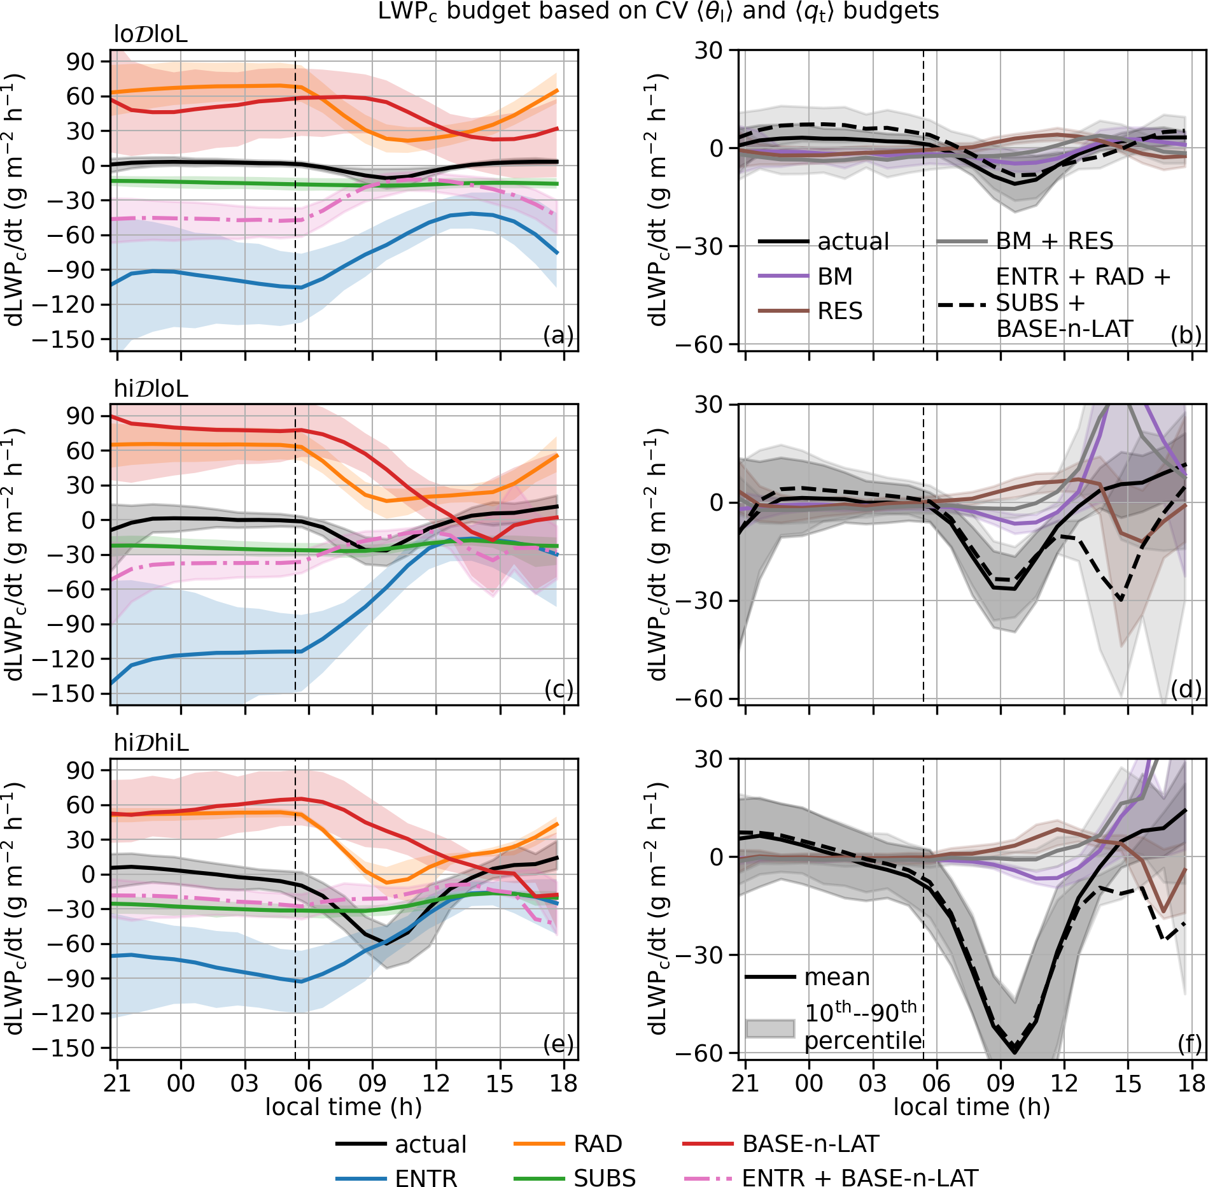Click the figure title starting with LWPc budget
point(658,11)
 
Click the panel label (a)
point(558,335)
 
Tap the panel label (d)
point(1186,689)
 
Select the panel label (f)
point(1189,1044)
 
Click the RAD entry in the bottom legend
point(597,1144)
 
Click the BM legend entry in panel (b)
point(834,276)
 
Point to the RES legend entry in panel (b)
point(839,311)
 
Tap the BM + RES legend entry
point(1054,241)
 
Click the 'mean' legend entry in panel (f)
point(836,977)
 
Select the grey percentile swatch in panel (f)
point(770,1028)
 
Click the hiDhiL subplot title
point(151,743)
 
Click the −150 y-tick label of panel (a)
point(62,339)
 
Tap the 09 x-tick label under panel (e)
point(372,1083)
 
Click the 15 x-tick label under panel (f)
point(1128,1083)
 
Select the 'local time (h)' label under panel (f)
point(971,1107)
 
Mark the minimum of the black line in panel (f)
point(1015,1052)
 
